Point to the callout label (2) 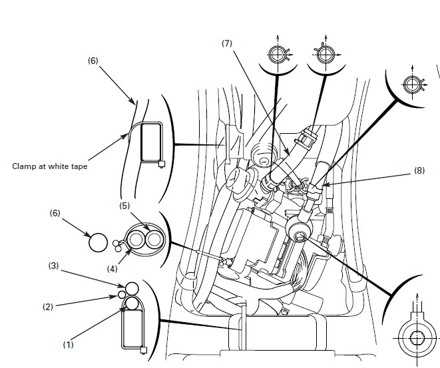[x=48, y=307]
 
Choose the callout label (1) [x=68, y=345]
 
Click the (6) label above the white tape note [x=93, y=61]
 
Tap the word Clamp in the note [x=25, y=166]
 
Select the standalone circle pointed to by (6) [x=98, y=242]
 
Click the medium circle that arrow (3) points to [x=131, y=288]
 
